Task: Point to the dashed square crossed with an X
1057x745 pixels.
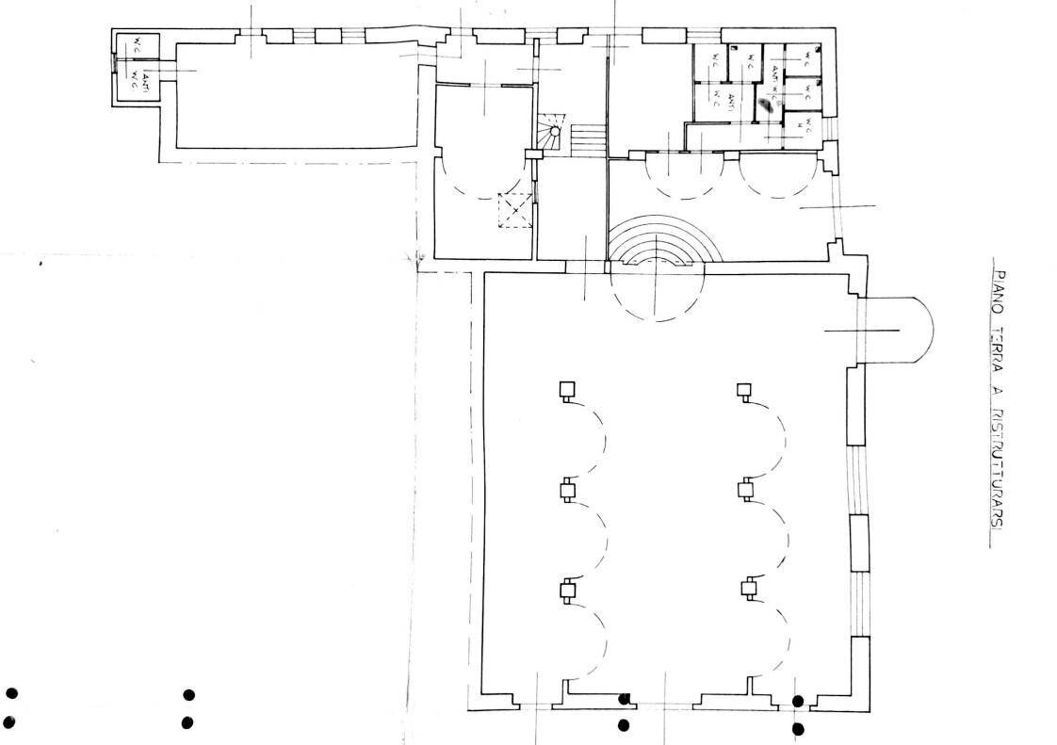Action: [x=515, y=210]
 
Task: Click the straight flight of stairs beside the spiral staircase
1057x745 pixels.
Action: [x=587, y=142]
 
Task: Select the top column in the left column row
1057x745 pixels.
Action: [x=566, y=390]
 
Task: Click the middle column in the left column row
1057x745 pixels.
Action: [x=566, y=490]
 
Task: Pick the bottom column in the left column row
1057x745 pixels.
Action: [x=566, y=591]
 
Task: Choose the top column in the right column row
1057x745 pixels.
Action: [x=744, y=390]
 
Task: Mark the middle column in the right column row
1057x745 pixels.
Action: [x=745, y=489]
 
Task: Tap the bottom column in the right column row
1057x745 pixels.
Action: [x=748, y=590]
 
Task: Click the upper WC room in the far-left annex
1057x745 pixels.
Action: [x=136, y=47]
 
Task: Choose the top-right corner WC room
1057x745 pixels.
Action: [x=806, y=59]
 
